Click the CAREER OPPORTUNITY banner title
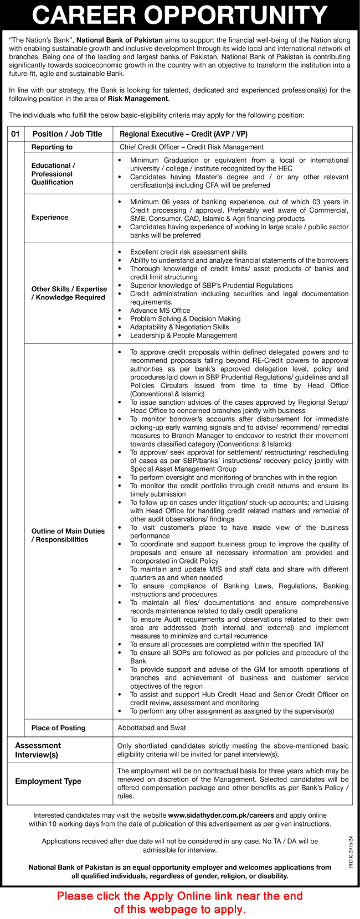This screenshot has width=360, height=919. (x=180, y=15)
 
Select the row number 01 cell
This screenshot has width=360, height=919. (x=15, y=134)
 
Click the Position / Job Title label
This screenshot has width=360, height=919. (x=67, y=134)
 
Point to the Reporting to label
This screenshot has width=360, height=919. (x=52, y=147)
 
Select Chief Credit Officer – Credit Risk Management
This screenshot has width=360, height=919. (x=192, y=147)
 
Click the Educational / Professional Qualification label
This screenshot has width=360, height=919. (x=53, y=174)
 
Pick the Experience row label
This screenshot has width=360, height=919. (x=50, y=218)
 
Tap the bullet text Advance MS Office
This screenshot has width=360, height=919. (x=160, y=311)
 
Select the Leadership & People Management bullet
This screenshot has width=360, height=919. (x=183, y=335)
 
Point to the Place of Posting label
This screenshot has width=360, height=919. (x=58, y=727)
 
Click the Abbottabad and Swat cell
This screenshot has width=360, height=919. (x=152, y=727)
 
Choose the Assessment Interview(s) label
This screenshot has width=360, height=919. (x=38, y=750)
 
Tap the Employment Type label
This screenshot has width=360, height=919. (x=48, y=781)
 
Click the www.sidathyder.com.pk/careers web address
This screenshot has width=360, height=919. (x=222, y=815)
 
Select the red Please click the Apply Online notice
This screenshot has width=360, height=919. (x=180, y=902)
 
